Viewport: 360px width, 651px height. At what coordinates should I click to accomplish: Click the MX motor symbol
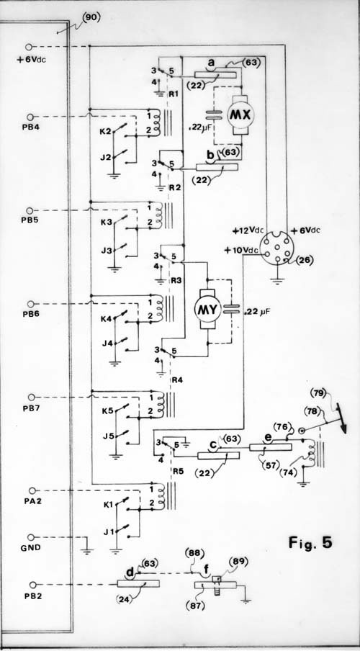coord(240,115)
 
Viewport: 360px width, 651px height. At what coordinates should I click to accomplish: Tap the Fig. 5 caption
coord(310,543)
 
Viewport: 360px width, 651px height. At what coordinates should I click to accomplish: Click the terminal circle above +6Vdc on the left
coord(29,47)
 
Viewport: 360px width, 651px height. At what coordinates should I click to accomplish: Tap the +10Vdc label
coord(240,251)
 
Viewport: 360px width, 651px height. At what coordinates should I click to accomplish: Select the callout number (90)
coord(91,17)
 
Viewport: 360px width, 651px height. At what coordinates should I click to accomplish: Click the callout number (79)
coord(319,392)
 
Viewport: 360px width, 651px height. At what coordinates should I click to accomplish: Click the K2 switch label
coord(107,132)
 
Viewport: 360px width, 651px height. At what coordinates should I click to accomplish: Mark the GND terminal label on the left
coord(31,547)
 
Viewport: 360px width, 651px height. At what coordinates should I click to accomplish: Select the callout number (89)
coord(238,562)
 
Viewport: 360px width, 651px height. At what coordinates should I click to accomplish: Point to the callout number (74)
coord(288,472)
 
